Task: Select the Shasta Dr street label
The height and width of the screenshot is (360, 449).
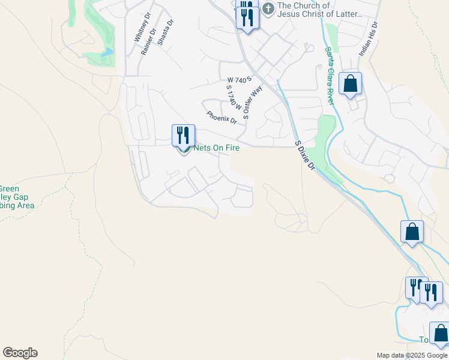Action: point(164,32)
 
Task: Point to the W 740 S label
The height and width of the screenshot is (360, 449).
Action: point(238,79)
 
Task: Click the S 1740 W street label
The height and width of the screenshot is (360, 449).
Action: point(233,98)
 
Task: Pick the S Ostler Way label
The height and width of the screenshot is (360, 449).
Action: point(253,103)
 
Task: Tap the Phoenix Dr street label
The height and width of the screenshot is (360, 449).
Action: point(221,117)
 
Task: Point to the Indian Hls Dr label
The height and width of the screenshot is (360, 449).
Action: point(368,40)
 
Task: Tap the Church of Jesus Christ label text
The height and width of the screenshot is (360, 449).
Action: point(321,10)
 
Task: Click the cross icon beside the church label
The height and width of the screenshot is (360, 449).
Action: point(268,9)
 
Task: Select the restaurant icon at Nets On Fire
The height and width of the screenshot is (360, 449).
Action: point(183,135)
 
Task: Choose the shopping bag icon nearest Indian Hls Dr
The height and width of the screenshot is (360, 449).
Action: point(350,83)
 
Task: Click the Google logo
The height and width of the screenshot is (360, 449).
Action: point(20,353)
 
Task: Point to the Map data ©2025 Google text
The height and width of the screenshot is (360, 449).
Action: point(412,355)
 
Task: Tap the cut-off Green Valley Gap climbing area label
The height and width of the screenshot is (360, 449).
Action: point(17,197)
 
